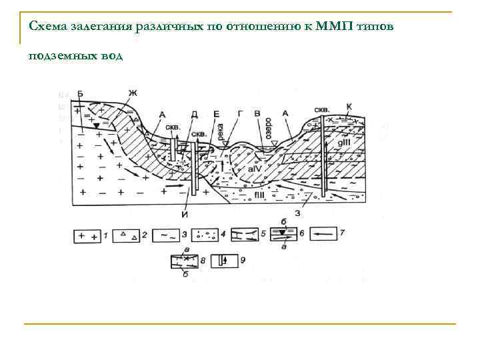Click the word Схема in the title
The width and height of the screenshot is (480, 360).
point(48,27)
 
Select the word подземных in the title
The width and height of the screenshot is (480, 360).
point(61,56)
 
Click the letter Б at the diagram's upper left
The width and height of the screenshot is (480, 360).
point(81,93)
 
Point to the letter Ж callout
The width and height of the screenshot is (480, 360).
point(132,93)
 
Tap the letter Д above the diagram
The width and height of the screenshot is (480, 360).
point(194,115)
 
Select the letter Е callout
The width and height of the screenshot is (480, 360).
point(217,115)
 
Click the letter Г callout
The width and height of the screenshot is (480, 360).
point(240,115)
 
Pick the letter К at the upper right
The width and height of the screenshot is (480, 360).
point(351,106)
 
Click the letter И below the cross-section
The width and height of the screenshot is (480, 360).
point(184,214)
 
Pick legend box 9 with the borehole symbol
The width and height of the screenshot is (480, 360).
point(220,261)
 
